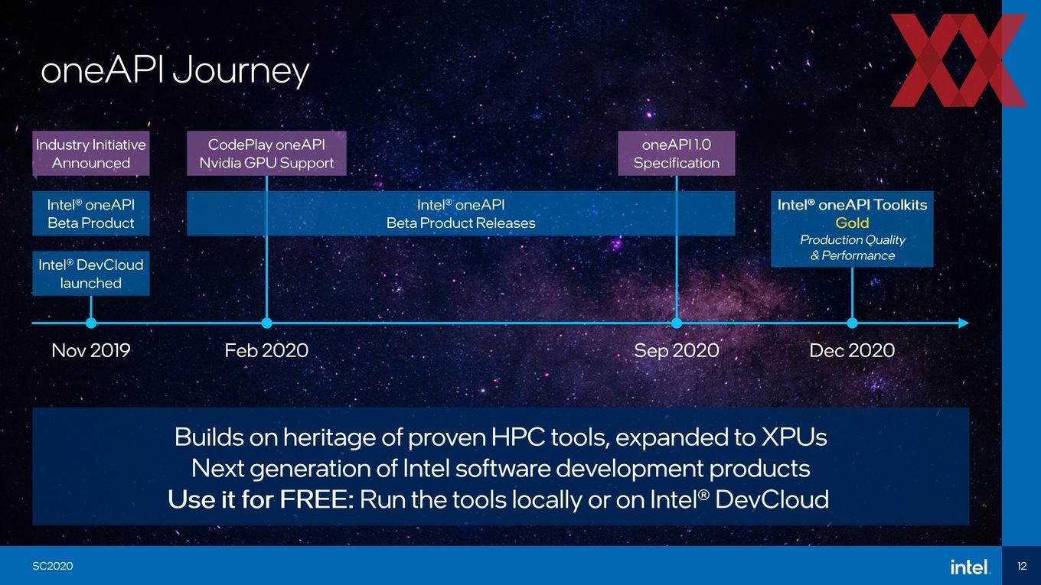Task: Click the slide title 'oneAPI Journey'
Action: pos(175,70)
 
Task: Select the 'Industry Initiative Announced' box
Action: pos(91,153)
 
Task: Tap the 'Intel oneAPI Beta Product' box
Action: pos(91,213)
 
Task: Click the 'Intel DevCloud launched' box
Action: pos(91,274)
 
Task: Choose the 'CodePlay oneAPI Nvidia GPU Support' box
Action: pos(266,153)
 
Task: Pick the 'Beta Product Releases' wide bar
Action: pos(461,213)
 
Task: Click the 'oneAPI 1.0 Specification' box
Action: pos(677,153)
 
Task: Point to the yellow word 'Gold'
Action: pos(853,223)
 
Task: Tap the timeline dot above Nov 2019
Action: pos(91,323)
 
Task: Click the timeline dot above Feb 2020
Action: pos(266,323)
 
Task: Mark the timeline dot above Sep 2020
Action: pos(677,323)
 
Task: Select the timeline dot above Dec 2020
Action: pos(853,323)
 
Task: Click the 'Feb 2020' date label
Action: pos(266,350)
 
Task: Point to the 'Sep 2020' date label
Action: pos(677,350)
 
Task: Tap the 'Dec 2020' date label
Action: pos(853,350)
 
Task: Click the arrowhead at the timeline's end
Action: pos(964,323)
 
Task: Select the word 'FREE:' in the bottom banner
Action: pos(317,499)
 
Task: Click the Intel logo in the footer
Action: pos(969,567)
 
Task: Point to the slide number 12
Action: pos(1022,566)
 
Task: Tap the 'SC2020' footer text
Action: pos(53,566)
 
